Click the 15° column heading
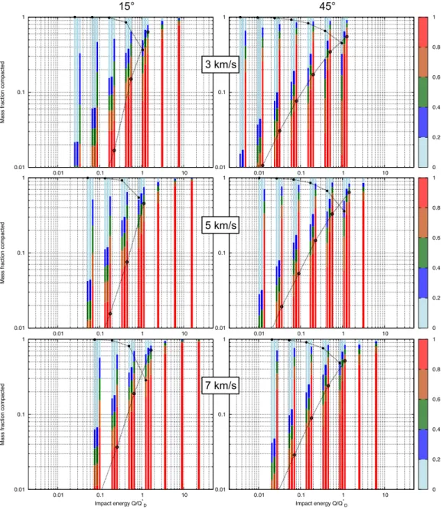[x=125, y=6]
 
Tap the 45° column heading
[x=327, y=6]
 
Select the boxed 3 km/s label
[x=220, y=64]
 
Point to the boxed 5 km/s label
[x=220, y=225]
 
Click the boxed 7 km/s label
[x=220, y=385]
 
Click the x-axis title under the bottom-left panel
[x=121, y=504]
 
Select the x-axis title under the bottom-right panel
[x=321, y=504]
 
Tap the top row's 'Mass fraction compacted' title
[x=2, y=92]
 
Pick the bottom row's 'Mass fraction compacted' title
[x=2, y=414]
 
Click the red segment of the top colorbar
[x=422, y=32]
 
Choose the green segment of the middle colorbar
[x=422, y=253]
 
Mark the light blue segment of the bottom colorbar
[x=422, y=474]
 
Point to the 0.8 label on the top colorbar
[x=436, y=47]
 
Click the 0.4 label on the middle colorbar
[x=436, y=268]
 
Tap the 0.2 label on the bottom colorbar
[x=436, y=459]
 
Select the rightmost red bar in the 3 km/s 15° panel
[x=179, y=95]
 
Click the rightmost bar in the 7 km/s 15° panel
[x=199, y=415]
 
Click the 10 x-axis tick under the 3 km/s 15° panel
[x=184, y=173]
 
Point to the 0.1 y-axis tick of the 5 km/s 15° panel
[x=21, y=253]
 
